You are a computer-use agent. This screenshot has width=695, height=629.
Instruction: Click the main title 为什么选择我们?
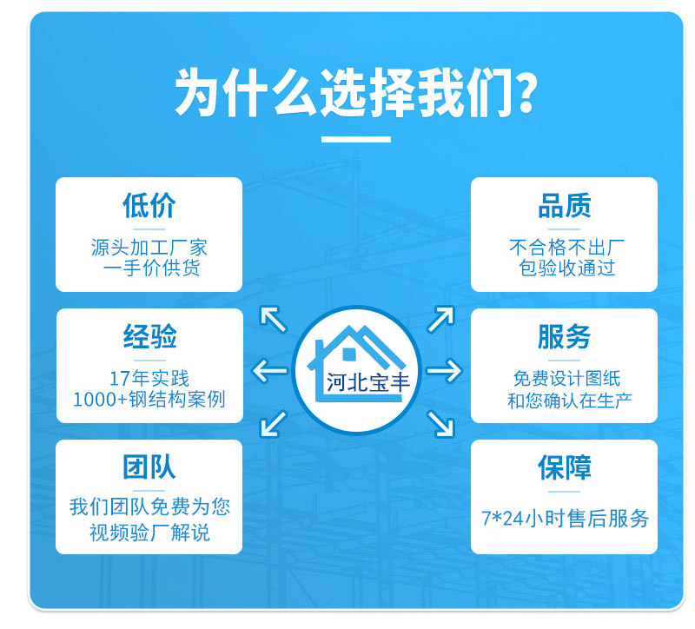pos(354,93)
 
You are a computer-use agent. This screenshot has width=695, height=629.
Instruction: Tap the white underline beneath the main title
pos(356,139)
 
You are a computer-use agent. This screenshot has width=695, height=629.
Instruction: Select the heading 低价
pos(149,206)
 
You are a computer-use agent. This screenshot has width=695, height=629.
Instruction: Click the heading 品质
pos(564,206)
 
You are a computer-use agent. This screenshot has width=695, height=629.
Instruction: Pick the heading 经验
pos(149,336)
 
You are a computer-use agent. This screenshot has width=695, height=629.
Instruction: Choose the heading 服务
pos(564,336)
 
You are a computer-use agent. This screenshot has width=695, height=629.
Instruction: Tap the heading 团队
pos(149,467)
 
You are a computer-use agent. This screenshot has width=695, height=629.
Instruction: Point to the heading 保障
pos(564,467)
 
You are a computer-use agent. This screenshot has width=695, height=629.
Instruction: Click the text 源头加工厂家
pos(149,248)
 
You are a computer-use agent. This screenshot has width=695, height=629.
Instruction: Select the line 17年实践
pos(149,379)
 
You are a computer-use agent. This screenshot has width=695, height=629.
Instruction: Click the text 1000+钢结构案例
pos(149,400)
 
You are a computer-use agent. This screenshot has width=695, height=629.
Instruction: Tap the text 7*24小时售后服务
pos(565,519)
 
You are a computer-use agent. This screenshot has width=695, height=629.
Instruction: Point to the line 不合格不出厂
pos(564,248)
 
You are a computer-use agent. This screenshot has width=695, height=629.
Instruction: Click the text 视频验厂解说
pos(149,532)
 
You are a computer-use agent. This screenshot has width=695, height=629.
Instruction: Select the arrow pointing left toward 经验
pos(269,372)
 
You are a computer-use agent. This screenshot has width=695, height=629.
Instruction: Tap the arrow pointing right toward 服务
pos(444,371)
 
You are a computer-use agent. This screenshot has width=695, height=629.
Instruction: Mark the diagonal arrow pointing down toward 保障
pos(441,423)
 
